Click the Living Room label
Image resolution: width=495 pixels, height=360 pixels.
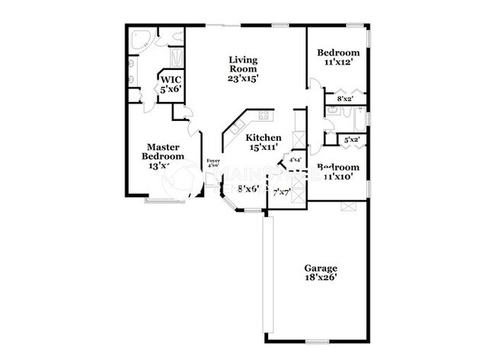[x=243, y=68]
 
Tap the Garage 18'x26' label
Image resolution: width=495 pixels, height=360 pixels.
[x=321, y=273]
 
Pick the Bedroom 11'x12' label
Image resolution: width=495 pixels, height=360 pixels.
[x=338, y=58]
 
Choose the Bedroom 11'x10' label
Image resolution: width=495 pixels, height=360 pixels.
[x=338, y=173]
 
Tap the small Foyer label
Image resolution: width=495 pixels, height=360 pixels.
[x=213, y=163]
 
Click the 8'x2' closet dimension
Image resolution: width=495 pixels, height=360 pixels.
[x=343, y=98]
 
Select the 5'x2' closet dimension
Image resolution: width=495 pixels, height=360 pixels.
[x=351, y=140]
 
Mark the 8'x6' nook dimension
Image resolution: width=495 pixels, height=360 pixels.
[x=248, y=188]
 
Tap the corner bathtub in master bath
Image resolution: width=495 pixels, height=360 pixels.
[x=142, y=40]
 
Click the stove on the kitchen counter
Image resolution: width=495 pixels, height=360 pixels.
[x=263, y=116]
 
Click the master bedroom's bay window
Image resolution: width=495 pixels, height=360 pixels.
[x=165, y=201]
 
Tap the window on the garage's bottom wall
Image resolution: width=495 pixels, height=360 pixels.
[x=316, y=340]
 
